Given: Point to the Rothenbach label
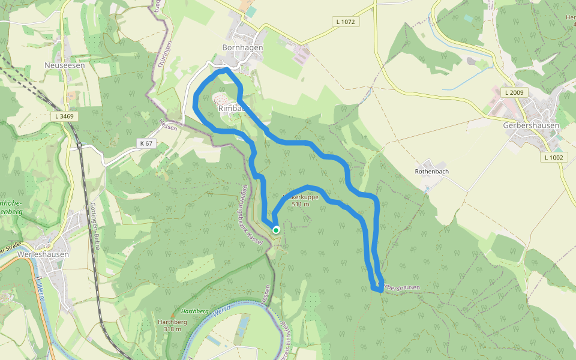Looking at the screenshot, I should click(432, 171).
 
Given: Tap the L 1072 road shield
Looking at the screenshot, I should click(346, 22).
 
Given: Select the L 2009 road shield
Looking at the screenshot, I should click(514, 93).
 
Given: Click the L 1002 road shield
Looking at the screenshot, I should click(553, 157).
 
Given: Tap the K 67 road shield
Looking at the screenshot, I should click(146, 143).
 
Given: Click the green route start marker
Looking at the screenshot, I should click(276, 230).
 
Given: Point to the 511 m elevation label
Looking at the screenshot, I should click(301, 205).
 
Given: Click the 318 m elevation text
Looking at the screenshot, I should click(172, 329).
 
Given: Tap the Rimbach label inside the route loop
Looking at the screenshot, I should click(233, 108).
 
